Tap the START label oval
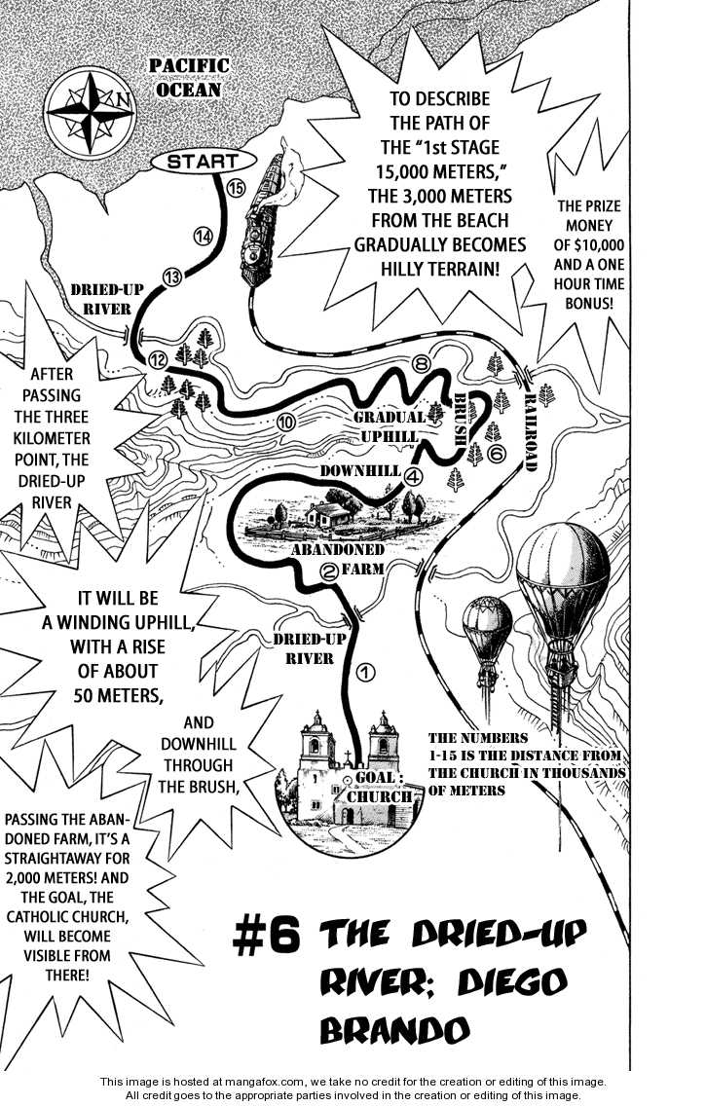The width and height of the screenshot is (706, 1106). click(203, 162)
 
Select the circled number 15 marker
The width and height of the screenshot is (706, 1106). click(234, 188)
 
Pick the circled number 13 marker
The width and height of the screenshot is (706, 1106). click(172, 277)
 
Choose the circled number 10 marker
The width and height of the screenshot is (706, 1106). click(286, 423)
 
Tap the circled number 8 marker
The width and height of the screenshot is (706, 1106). click(421, 364)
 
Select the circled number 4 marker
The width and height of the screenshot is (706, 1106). click(413, 476)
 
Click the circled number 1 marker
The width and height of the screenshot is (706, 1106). click(365, 671)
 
